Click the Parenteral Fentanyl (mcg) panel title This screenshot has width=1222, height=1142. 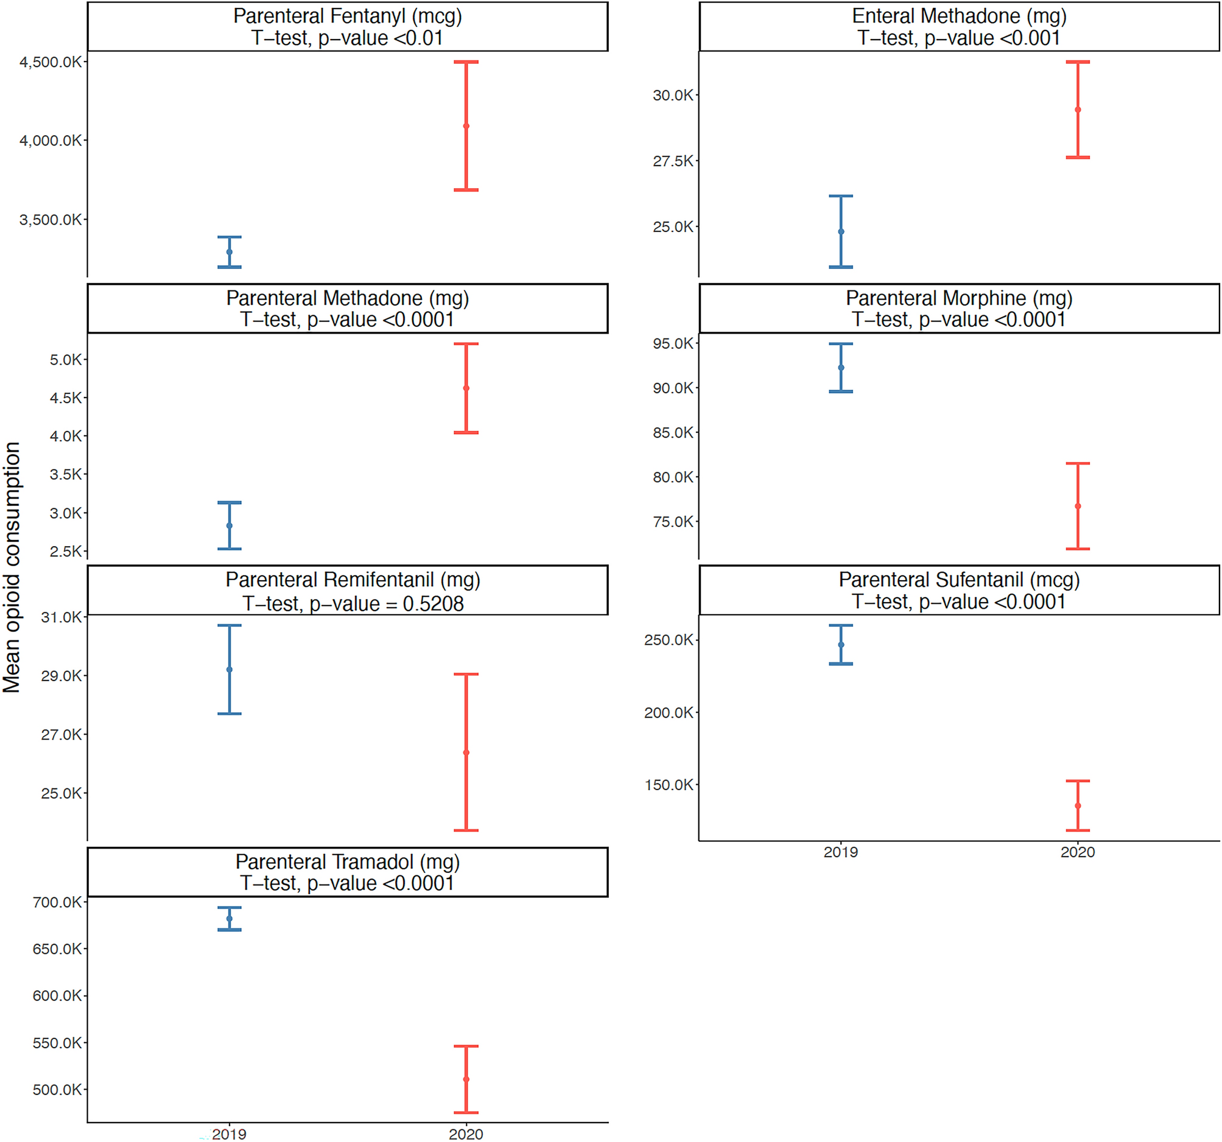[347, 16]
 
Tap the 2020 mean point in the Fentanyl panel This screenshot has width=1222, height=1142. [466, 126]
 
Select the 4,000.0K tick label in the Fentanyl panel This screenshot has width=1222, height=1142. [51, 141]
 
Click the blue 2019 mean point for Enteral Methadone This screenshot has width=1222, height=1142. [841, 232]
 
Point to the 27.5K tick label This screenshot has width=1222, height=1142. [672, 161]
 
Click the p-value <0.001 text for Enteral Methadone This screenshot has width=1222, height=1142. [992, 38]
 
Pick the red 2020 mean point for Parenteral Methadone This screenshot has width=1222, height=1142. [466, 388]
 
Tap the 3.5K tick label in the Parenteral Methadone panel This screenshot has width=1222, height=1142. [65, 474]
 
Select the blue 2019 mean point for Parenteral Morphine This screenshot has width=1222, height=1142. [841, 368]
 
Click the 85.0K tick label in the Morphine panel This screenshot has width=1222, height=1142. [672, 433]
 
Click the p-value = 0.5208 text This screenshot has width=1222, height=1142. [386, 604]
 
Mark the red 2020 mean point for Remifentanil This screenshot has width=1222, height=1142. [466, 752]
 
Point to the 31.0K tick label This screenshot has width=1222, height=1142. [61, 617]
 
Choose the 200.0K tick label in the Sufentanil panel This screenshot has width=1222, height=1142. [668, 713]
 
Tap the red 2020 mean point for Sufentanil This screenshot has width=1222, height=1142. [1078, 806]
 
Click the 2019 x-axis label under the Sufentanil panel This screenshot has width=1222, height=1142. [840, 852]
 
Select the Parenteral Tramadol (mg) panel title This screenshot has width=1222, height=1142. [347, 862]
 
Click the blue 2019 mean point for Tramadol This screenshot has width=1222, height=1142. [230, 919]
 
